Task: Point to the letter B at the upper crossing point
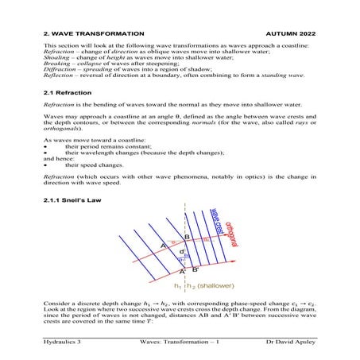tap(186, 237)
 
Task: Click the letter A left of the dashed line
tap(162, 246)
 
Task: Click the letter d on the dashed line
tap(182, 252)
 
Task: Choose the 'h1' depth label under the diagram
tap(176, 285)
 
